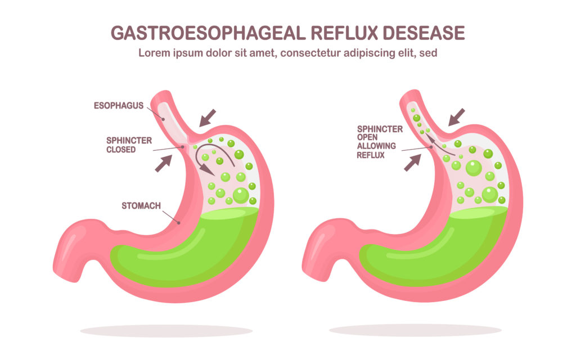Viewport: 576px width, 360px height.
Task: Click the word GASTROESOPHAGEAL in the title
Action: click(x=208, y=33)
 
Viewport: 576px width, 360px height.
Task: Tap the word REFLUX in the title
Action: click(x=345, y=33)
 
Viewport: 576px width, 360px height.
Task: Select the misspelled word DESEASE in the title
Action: click(x=424, y=33)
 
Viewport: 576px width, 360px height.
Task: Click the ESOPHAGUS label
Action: click(x=119, y=106)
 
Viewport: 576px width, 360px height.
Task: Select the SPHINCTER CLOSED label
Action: click(x=129, y=145)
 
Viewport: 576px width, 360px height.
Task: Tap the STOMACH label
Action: click(x=141, y=206)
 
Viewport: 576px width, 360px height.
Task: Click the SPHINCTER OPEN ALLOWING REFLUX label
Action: click(x=380, y=142)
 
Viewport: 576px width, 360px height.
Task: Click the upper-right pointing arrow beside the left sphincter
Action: click(x=164, y=163)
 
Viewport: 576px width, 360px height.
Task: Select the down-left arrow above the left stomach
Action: click(x=208, y=118)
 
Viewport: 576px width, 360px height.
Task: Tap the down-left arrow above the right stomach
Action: click(x=457, y=117)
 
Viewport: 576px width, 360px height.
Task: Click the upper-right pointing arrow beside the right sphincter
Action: click(x=412, y=163)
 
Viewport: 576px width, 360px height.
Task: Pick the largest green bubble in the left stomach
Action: click(x=241, y=195)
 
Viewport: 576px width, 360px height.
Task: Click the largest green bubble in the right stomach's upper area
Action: click(x=474, y=168)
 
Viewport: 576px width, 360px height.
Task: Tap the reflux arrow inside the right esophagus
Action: click(x=439, y=145)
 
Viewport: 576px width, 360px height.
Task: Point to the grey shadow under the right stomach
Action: click(x=416, y=330)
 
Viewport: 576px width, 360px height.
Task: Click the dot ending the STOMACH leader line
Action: click(x=179, y=223)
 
